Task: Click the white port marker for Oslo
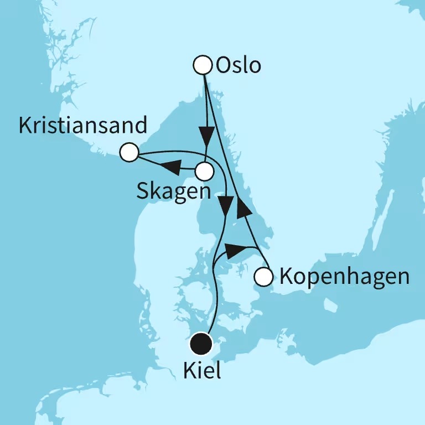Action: coord(204,65)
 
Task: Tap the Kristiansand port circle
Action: coord(129,152)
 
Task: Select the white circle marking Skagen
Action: coord(204,171)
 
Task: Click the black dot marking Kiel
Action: coord(201,344)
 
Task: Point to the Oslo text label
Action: coord(239,66)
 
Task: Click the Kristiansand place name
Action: coord(83,126)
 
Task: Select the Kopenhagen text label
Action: coord(344,276)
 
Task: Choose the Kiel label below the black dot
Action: coord(201,370)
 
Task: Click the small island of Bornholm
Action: coord(330,305)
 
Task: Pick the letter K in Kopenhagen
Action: coord(287,276)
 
